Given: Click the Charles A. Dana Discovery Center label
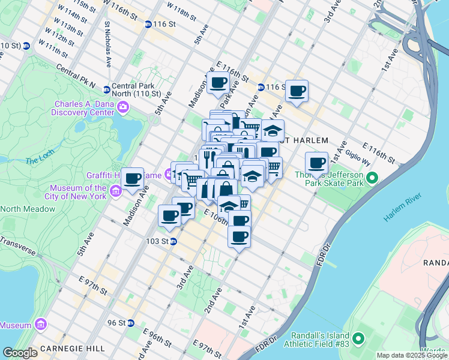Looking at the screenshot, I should [x=82, y=107].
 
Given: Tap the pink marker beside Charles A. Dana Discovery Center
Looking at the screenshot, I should [x=124, y=107].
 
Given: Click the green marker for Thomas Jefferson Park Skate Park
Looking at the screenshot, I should [x=372, y=178].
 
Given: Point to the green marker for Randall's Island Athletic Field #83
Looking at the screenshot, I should [x=358, y=340].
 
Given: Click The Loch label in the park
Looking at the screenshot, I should [x=40, y=161].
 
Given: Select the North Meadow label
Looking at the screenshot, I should [x=28, y=209].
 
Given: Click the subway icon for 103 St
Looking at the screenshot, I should [x=172, y=242].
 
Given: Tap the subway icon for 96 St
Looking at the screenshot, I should [x=131, y=323].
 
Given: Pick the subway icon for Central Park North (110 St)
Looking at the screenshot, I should [x=106, y=89].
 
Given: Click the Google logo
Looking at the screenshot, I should [x=20, y=353].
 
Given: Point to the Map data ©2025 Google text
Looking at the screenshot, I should [x=412, y=355].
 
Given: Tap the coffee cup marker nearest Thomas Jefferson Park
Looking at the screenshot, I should [x=316, y=163].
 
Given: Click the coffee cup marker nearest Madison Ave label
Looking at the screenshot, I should [x=133, y=178].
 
